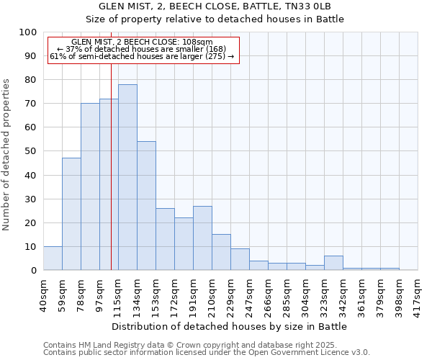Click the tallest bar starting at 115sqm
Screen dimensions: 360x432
click(127, 177)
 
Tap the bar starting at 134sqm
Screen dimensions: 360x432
click(146, 206)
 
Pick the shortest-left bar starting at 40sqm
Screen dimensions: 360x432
click(53, 258)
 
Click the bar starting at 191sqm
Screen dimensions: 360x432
click(202, 238)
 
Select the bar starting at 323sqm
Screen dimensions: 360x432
click(333, 264)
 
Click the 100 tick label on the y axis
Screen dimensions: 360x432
click(28, 32)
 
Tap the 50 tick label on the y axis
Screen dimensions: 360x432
click(31, 151)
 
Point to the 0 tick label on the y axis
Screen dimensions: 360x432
click(34, 270)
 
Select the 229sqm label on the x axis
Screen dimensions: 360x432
click(230, 294)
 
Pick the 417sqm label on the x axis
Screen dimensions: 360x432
click(418, 294)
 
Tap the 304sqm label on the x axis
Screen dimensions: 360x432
click(305, 294)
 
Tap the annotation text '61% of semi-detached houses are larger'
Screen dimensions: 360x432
click(143, 56)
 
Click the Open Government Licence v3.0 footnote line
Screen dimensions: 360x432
click(207, 352)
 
